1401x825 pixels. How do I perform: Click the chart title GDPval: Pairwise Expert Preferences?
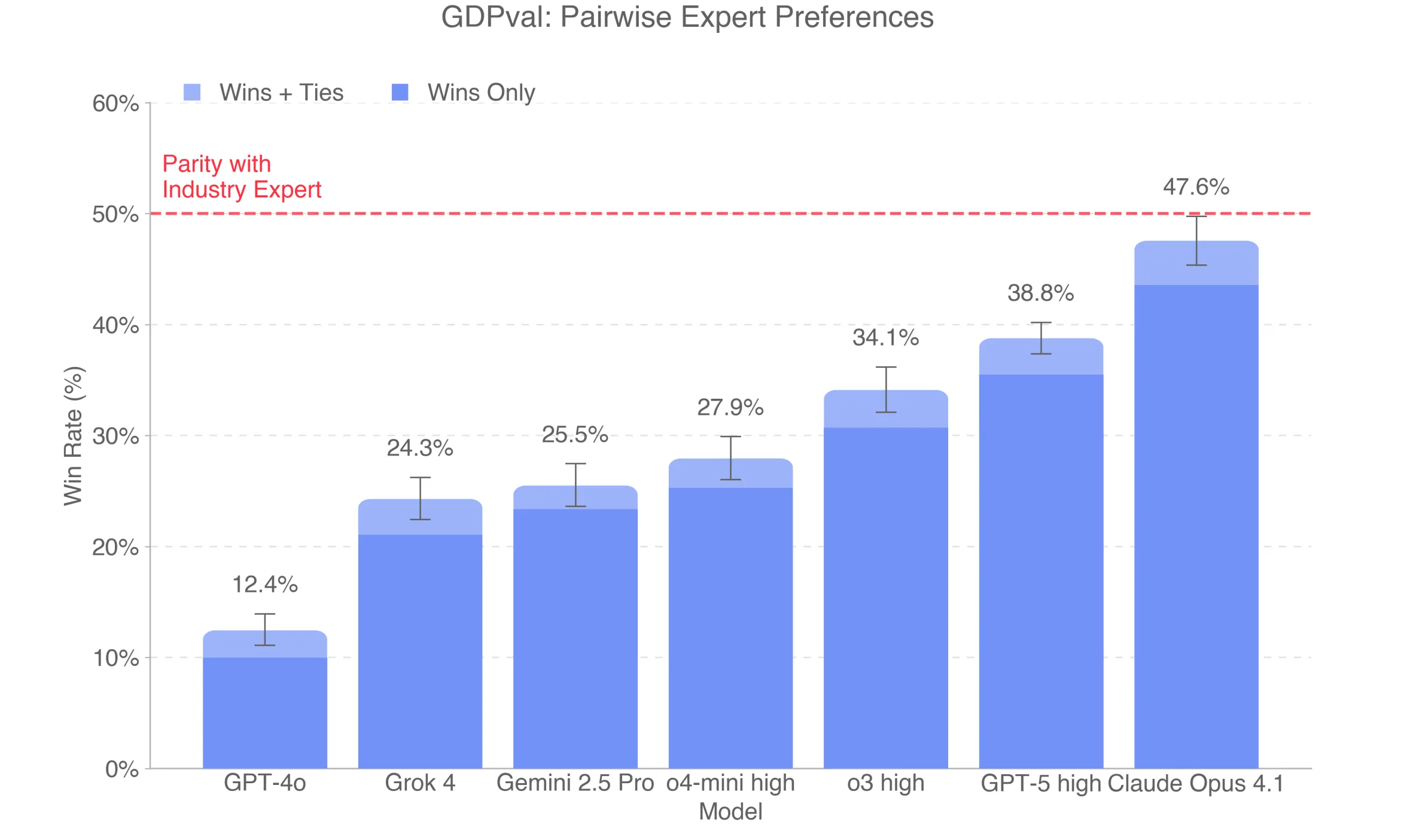click(x=687, y=17)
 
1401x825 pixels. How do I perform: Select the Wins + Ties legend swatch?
click(x=192, y=92)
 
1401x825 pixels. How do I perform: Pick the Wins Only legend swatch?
click(x=400, y=92)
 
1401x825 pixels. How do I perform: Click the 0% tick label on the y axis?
click(x=122, y=769)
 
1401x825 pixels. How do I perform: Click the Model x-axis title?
click(x=730, y=812)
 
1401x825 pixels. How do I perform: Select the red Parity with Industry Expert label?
click(x=242, y=177)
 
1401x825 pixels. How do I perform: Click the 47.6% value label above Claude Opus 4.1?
click(x=1196, y=187)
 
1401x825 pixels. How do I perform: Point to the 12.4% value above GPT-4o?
click(x=264, y=585)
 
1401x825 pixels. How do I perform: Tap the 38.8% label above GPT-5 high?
click(x=1040, y=294)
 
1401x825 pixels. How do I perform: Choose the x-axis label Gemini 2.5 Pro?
click(x=575, y=783)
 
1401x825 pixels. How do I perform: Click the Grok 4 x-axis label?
click(x=420, y=783)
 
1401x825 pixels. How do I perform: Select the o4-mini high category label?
click(x=730, y=783)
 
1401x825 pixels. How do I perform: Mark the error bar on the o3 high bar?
click(x=885, y=389)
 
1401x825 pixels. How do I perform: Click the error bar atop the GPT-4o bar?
click(x=264, y=630)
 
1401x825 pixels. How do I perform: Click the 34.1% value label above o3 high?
click(x=885, y=338)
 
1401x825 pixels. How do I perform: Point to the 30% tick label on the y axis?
click(x=115, y=436)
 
